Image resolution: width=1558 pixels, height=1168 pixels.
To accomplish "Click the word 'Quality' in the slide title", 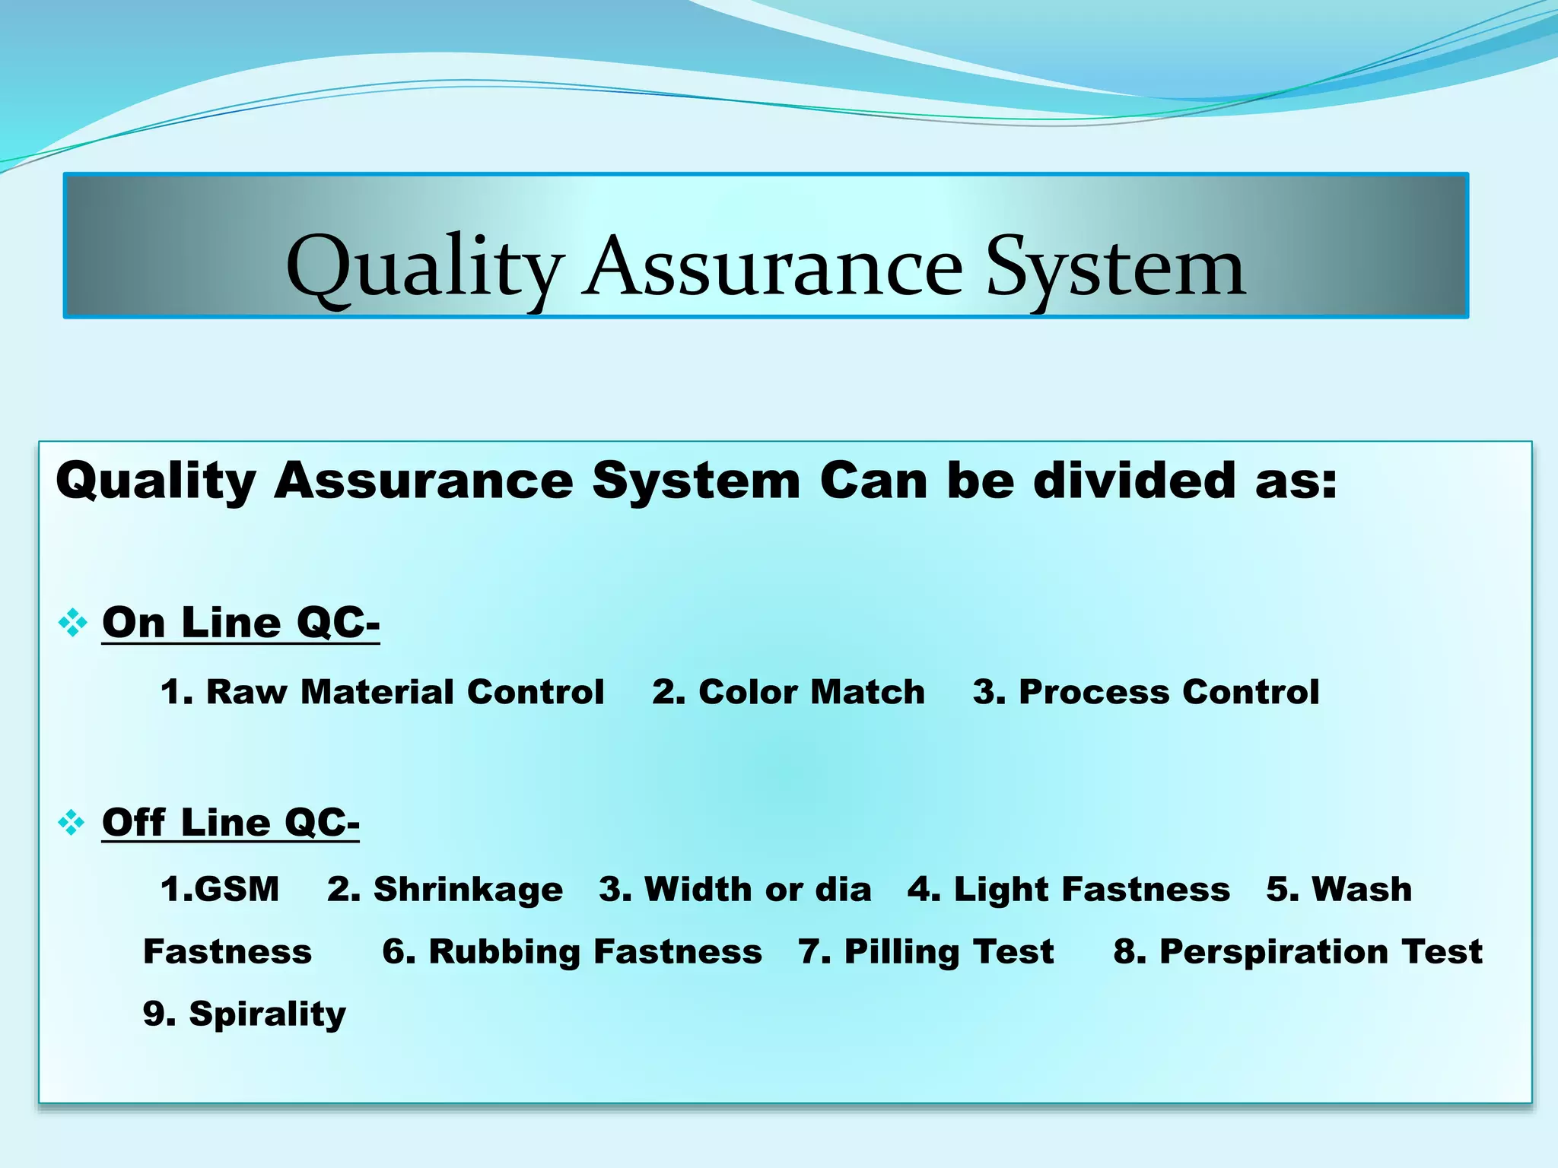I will (424, 268).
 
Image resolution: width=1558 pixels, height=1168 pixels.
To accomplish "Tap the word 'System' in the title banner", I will (1115, 268).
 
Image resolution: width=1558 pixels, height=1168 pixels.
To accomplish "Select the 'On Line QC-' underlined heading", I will (240, 623).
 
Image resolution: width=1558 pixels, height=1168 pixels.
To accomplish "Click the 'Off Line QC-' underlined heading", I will (231, 823).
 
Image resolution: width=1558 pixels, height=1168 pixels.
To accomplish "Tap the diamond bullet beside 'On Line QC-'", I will (72, 623).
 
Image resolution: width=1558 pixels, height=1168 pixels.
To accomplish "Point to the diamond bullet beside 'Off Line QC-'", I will (72, 823).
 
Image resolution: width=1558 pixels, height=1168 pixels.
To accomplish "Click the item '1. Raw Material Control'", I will (382, 692).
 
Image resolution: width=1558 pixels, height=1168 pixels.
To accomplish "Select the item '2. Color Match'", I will (788, 692).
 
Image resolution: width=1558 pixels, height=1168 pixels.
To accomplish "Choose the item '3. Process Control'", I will (1146, 692).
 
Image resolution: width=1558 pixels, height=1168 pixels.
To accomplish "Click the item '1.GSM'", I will (220, 889).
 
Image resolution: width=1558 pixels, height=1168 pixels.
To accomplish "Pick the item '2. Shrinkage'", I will (445, 889).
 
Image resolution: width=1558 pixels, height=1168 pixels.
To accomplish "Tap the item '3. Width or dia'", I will (735, 889).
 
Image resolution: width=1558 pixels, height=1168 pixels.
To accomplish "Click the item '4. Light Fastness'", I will (1068, 889).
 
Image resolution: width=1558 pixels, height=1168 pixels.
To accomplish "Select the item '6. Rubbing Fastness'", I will (572, 952).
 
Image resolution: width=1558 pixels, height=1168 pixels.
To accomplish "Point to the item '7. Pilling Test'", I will (926, 952).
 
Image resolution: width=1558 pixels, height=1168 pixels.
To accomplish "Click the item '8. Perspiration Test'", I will (1298, 952).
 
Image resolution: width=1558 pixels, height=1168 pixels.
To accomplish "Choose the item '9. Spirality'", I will (244, 1014).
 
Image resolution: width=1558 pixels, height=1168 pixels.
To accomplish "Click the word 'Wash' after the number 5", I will (1362, 889).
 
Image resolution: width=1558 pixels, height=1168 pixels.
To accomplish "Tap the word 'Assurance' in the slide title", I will (774, 268).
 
